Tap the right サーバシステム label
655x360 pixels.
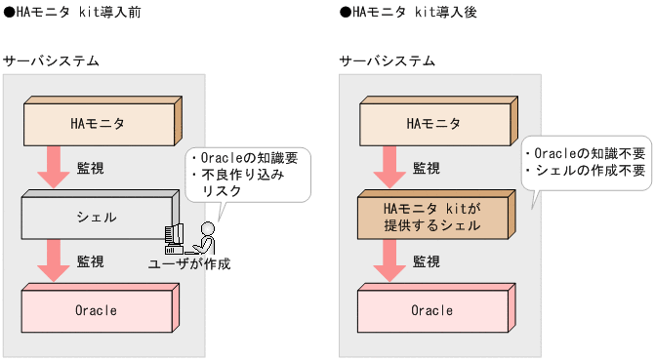(x=388, y=61)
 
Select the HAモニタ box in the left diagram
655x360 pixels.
(x=98, y=123)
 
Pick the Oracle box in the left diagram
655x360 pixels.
(x=98, y=310)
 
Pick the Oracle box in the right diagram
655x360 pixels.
(x=432, y=310)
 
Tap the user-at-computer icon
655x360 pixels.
(x=190, y=237)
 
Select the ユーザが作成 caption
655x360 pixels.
(x=189, y=263)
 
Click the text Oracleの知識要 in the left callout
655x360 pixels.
(x=241, y=158)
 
